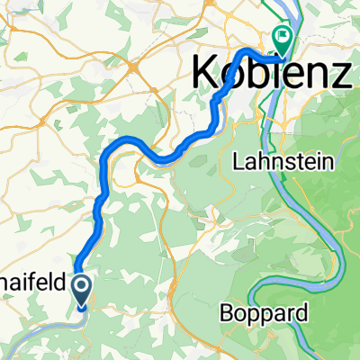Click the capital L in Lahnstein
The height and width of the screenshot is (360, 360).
pyautogui.click(x=238, y=162)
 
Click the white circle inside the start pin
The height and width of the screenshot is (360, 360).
pyautogui.click(x=81, y=287)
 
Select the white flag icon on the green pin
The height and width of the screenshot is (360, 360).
pyautogui.click(x=282, y=37)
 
